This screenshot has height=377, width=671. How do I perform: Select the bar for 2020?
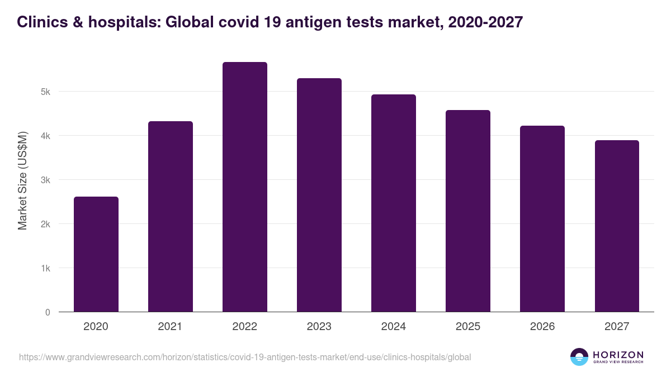[x=96, y=254]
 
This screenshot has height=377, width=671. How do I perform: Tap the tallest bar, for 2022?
[x=244, y=187]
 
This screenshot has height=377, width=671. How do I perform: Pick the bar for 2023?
[x=319, y=195]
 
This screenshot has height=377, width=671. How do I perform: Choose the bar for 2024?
[x=393, y=203]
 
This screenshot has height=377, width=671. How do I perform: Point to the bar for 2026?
[x=542, y=219]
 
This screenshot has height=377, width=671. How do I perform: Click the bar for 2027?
[x=616, y=226]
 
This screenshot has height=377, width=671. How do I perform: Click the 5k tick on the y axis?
[x=45, y=92]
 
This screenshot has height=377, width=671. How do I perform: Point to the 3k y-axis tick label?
[x=45, y=180]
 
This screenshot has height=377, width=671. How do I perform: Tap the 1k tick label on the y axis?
[x=45, y=268]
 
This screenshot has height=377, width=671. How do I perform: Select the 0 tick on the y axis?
[x=48, y=312]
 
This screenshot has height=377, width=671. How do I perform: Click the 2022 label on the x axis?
[x=244, y=327]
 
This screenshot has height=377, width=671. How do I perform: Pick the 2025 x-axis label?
[x=467, y=327]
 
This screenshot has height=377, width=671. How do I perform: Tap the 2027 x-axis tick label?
[x=616, y=327]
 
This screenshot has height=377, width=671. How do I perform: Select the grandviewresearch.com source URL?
[x=245, y=357]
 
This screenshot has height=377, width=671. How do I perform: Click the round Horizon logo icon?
[x=579, y=357]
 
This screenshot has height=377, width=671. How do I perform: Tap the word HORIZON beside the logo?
[x=618, y=354]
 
